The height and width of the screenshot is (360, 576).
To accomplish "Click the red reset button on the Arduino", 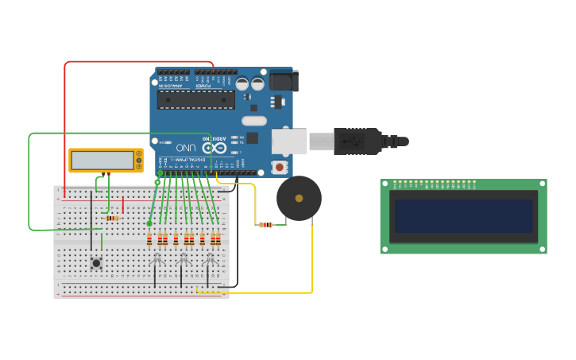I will [279, 166].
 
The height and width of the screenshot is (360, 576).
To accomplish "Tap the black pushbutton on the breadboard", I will [97, 262].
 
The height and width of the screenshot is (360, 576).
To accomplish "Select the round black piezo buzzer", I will [299, 198].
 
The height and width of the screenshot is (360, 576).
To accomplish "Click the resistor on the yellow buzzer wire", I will [265, 225].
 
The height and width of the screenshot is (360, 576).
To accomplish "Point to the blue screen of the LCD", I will [463, 215].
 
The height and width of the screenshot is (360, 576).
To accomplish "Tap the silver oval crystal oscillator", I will [253, 121].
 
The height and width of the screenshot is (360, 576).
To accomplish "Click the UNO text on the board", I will [186, 148].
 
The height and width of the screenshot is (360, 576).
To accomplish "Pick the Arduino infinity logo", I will [211, 148].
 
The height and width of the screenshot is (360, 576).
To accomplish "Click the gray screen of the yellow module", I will [102, 161].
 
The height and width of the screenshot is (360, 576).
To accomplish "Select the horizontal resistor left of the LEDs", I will [112, 219].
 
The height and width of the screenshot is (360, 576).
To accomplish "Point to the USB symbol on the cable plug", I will [350, 141].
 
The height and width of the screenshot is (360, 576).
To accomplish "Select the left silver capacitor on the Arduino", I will [243, 83].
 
